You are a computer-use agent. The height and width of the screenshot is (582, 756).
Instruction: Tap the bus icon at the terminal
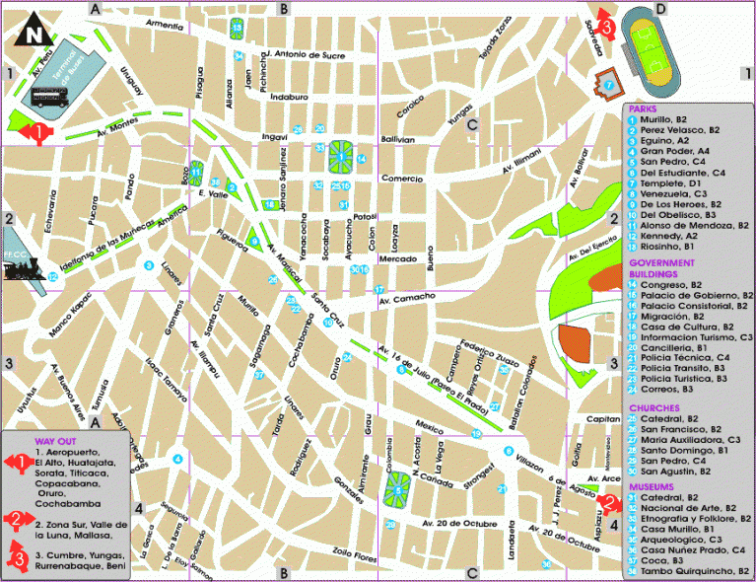click(x=47, y=97)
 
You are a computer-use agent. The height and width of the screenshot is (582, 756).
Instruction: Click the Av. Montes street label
click(x=115, y=130)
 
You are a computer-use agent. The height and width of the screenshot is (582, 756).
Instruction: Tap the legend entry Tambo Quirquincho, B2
click(x=689, y=571)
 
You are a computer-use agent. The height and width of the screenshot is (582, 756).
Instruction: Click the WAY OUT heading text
click(x=57, y=441)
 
